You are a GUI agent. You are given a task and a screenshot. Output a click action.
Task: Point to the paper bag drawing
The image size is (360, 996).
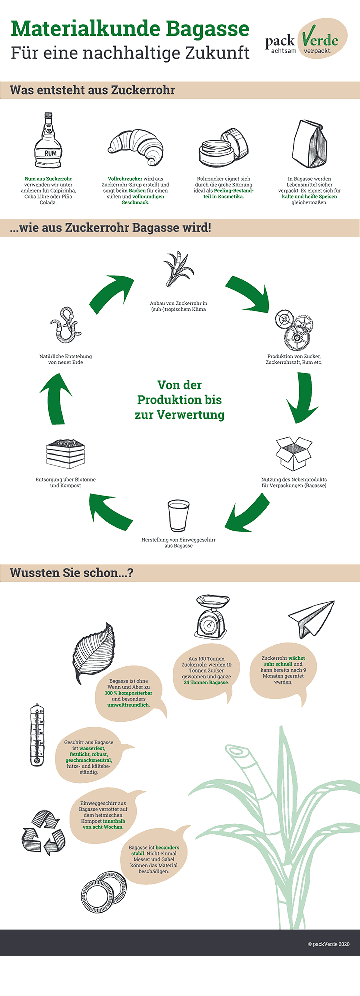(x=310, y=145)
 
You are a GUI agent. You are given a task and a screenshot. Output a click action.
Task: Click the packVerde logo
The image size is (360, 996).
(x=306, y=39)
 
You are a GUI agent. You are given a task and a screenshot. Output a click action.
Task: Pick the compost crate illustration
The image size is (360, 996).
(x=65, y=454)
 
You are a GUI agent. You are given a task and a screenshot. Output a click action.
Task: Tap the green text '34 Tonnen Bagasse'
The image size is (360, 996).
(x=206, y=682)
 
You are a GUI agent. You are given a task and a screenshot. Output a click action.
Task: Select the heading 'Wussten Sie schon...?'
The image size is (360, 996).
(x=72, y=573)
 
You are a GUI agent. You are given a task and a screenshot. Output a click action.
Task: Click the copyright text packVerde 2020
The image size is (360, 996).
(x=329, y=944)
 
